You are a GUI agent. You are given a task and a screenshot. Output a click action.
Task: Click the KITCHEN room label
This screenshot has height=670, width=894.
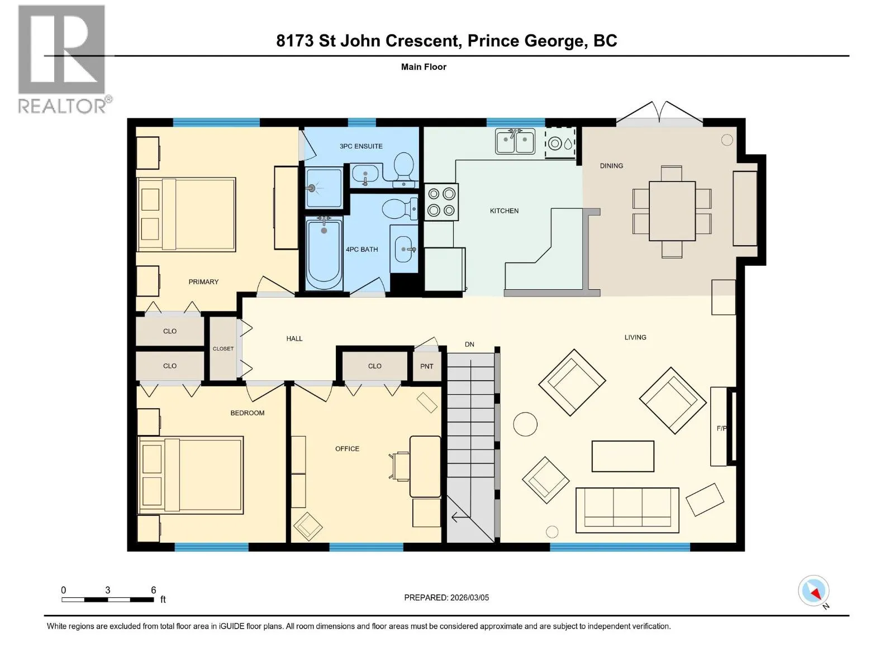point(504,210)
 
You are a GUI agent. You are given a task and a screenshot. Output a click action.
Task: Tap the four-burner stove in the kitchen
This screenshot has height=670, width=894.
point(441,202)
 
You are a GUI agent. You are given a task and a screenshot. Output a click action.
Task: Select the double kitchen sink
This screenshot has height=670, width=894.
point(515,141)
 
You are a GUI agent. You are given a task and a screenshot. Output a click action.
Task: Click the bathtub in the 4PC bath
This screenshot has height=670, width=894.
point(324,253)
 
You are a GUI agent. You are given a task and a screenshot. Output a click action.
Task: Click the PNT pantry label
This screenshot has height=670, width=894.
point(426,366)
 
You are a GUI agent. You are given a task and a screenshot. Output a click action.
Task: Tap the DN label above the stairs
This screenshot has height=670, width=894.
point(469,344)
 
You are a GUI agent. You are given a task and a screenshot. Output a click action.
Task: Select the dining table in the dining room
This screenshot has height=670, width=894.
point(672,211)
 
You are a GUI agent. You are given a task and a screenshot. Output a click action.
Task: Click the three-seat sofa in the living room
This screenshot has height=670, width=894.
point(627,510)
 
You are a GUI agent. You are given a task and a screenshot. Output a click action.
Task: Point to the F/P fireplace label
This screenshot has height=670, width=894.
point(722,428)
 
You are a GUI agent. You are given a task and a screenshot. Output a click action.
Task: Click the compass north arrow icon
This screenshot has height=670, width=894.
point(814,591)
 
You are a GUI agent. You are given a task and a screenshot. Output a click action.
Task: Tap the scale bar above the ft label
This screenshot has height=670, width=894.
point(107,600)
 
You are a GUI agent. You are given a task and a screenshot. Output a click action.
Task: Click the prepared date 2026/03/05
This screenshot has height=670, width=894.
point(469,597)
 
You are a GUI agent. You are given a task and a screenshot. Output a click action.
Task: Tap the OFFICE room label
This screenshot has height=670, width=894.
point(347,449)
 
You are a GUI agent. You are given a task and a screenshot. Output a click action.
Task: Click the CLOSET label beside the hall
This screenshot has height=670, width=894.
point(223,348)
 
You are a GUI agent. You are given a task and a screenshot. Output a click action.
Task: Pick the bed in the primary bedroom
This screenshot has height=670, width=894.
point(186,214)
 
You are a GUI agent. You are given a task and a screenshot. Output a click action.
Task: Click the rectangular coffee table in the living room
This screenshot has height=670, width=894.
point(623,456)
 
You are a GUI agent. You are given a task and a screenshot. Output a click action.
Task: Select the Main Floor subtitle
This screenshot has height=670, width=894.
point(424,66)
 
